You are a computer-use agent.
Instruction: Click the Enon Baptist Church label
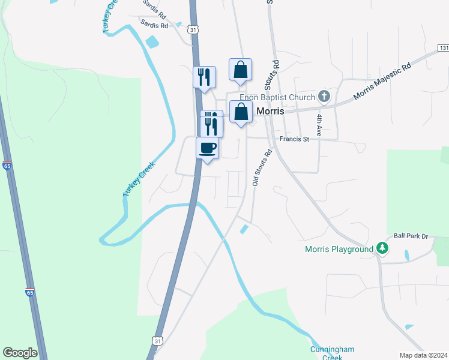277,98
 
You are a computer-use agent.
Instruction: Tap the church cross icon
324,96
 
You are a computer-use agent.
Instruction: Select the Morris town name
270,112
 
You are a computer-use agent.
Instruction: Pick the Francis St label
294,139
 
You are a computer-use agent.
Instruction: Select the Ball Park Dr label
411,236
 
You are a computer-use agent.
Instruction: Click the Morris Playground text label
339,249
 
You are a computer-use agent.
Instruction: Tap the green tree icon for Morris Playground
382,248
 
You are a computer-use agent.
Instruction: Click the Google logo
20,353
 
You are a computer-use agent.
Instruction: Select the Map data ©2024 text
423,355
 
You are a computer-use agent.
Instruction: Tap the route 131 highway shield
444,47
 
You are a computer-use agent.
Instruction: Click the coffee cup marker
208,148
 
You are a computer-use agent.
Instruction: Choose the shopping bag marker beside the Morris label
241,112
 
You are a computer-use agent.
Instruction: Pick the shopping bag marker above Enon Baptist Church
240,70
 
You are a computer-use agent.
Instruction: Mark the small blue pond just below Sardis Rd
152,42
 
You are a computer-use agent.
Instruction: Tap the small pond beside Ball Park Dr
406,254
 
